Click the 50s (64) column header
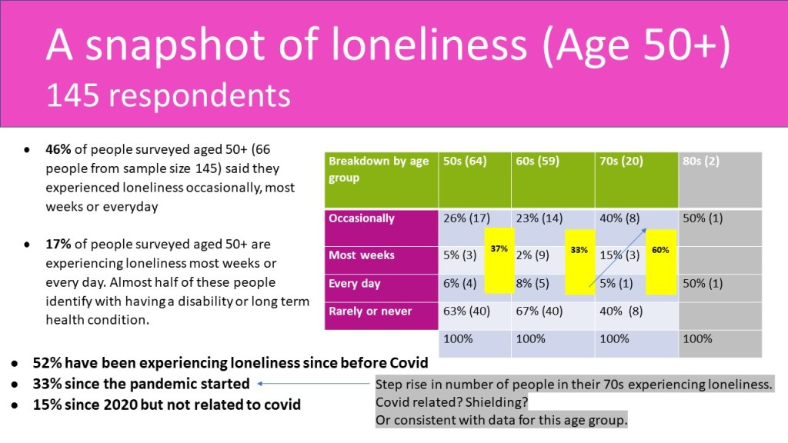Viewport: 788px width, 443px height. click(x=465, y=162)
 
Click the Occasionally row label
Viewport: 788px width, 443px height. click(x=362, y=218)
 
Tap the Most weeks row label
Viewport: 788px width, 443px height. click(x=362, y=255)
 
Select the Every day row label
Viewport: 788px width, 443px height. click(x=356, y=284)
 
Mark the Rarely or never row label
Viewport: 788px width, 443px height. click(x=370, y=311)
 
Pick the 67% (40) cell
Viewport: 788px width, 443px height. click(x=543, y=311)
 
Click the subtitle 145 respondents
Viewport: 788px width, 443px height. click(x=168, y=96)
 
